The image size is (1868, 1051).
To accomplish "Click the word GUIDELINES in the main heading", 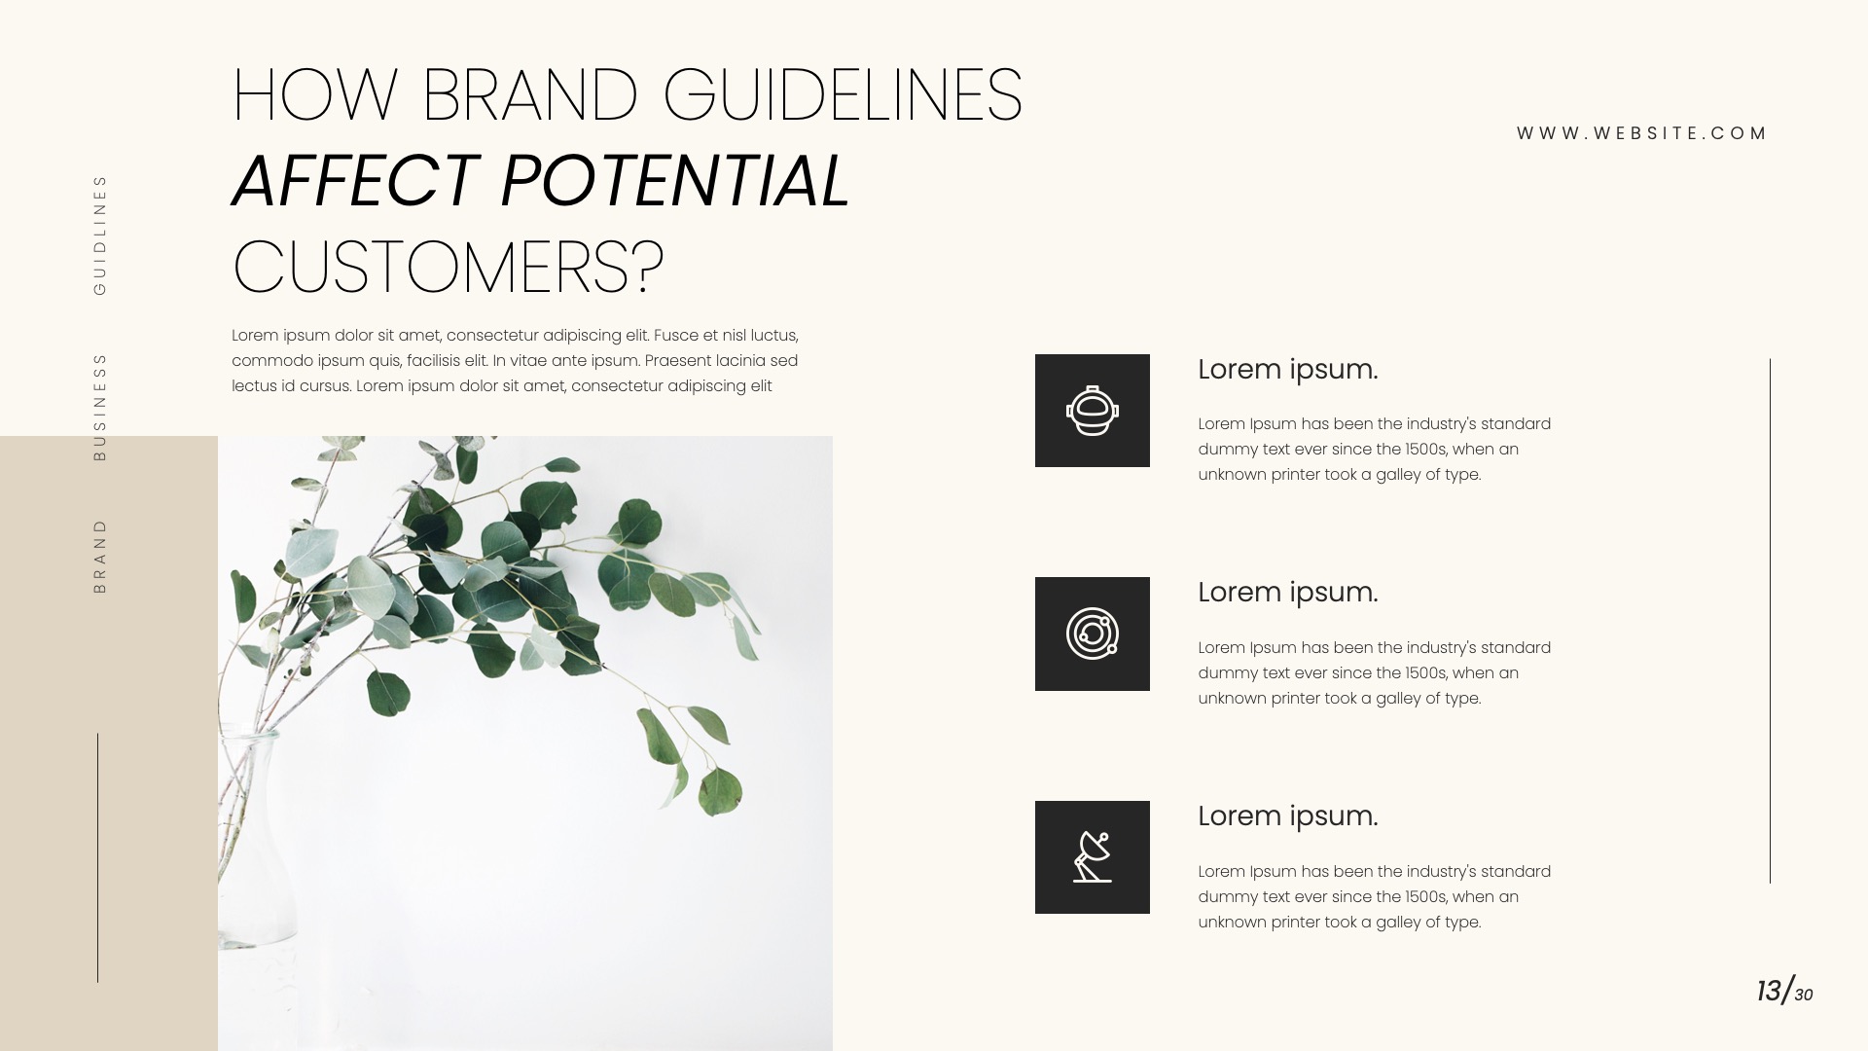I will (x=843, y=95).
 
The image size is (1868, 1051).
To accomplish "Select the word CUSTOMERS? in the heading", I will (x=449, y=267).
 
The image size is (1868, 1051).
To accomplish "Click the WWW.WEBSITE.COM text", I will (x=1641, y=133).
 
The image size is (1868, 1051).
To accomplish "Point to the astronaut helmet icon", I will (x=1092, y=411).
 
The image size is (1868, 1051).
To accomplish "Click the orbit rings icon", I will (x=1092, y=634).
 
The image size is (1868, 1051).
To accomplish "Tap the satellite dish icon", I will (x=1092, y=857).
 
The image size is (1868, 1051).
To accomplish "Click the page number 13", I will (x=1769, y=991).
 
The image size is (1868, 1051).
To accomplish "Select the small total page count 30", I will (x=1804, y=995).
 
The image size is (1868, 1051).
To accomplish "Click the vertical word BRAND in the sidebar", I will (x=99, y=556).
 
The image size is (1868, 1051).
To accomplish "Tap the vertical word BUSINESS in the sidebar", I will (x=99, y=406).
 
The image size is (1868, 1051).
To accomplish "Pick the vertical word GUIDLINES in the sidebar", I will (x=99, y=235).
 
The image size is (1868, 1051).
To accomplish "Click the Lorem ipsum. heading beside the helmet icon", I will (x=1287, y=370).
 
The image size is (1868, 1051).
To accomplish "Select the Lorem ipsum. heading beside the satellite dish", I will (x=1287, y=815).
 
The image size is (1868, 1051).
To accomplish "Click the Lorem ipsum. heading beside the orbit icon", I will (x=1287, y=592).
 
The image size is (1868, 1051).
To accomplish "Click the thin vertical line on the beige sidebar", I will (x=97, y=856).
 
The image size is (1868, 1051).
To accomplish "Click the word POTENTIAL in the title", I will (x=675, y=181).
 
